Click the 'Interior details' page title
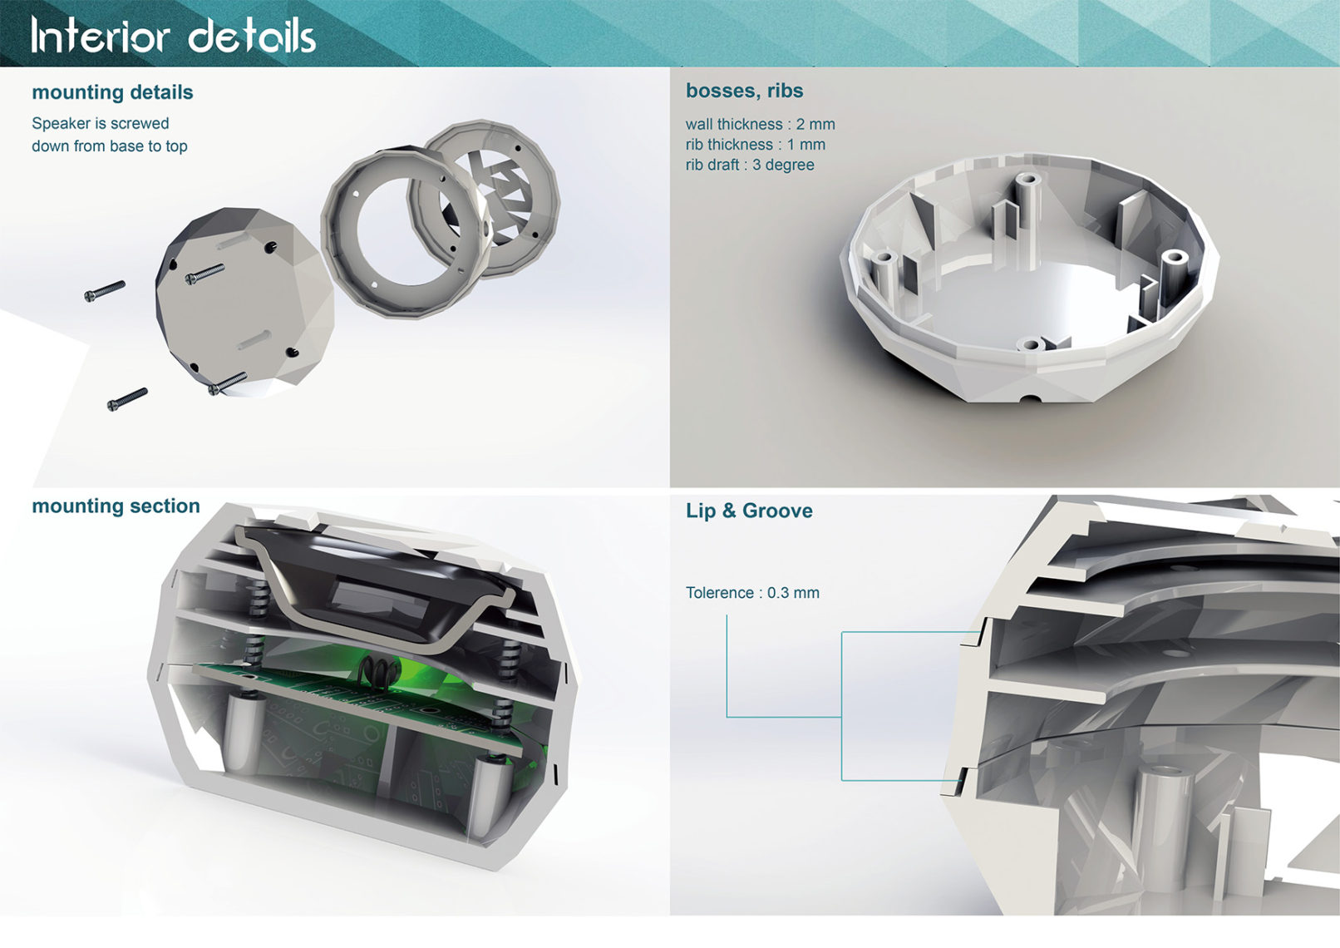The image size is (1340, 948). pyautogui.click(x=173, y=35)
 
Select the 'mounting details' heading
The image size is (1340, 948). pyautogui.click(x=112, y=92)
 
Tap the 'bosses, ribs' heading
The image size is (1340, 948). pyautogui.click(x=744, y=91)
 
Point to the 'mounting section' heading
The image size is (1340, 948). pyautogui.click(x=116, y=506)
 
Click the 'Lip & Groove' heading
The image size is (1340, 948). pyautogui.click(x=749, y=511)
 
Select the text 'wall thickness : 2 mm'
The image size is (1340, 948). pyautogui.click(x=760, y=125)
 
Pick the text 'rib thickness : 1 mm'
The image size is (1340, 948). pyautogui.click(x=755, y=145)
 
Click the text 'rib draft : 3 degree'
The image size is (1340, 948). pyautogui.click(x=750, y=165)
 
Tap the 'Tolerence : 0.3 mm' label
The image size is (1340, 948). pyautogui.click(x=752, y=593)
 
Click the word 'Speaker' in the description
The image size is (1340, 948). pyautogui.click(x=59, y=124)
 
